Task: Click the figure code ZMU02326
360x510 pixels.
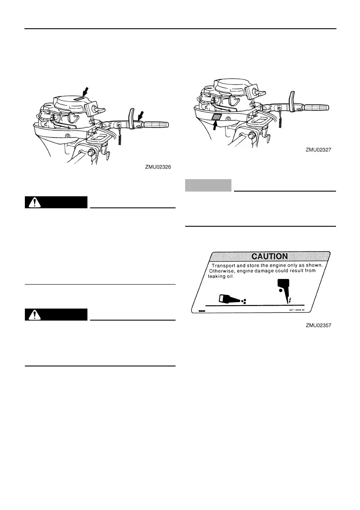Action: point(158,168)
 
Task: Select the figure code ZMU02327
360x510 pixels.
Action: point(319,150)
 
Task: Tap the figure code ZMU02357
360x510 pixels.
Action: point(319,325)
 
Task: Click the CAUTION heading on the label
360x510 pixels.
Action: point(269,256)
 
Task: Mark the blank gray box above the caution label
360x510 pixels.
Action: point(208,185)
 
